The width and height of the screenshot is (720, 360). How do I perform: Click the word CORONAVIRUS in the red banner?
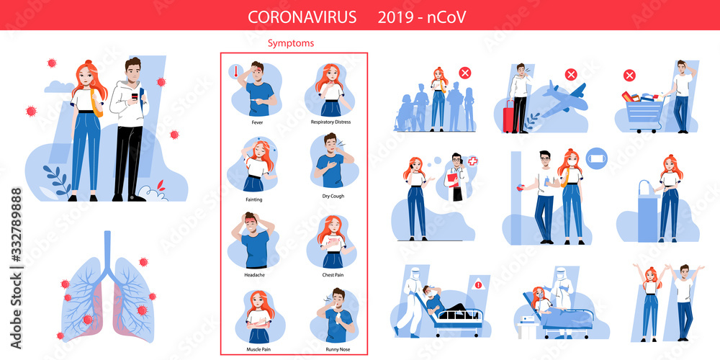pos(302,17)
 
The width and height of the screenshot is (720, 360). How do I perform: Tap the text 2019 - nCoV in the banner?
pos(421,17)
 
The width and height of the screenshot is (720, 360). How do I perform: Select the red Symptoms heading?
pos(291,43)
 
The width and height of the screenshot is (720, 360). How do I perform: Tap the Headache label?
pos(257,274)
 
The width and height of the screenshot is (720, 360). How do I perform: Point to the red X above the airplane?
pos(570,74)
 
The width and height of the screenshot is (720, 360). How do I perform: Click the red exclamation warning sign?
pos(477,285)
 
